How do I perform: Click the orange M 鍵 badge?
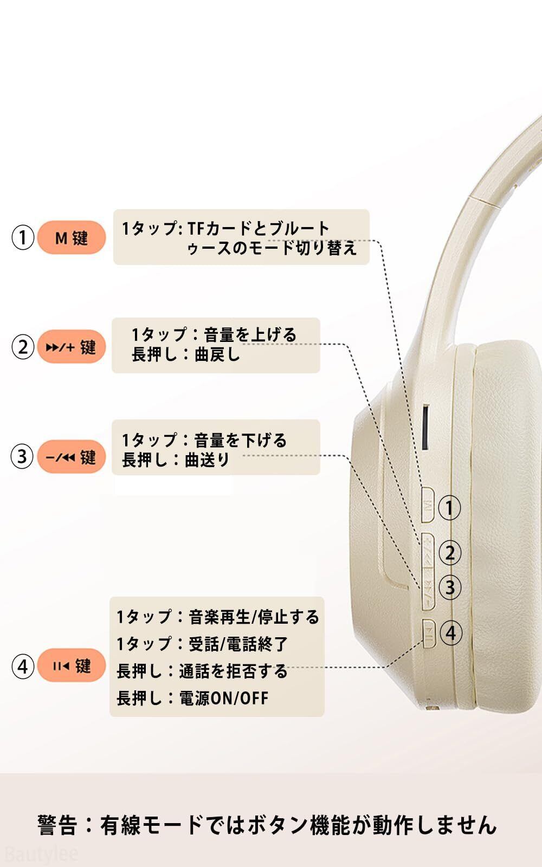(71, 237)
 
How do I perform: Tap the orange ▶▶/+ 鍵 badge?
(71, 347)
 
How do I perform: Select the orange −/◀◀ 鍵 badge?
(71, 457)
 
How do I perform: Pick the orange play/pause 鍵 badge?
(71, 665)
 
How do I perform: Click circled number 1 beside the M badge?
(23, 237)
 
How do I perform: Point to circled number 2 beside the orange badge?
(23, 347)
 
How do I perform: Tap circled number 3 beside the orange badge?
(22, 457)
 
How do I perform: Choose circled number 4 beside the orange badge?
(23, 666)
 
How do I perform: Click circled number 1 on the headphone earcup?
(449, 508)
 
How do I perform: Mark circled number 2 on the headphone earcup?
(450, 553)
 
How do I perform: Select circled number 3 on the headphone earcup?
(450, 587)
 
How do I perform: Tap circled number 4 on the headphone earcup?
(451, 633)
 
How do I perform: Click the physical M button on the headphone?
(428, 506)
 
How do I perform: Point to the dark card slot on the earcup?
(426, 427)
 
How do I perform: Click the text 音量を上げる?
(250, 335)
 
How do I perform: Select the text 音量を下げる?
(240, 440)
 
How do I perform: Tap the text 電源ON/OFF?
(224, 698)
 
